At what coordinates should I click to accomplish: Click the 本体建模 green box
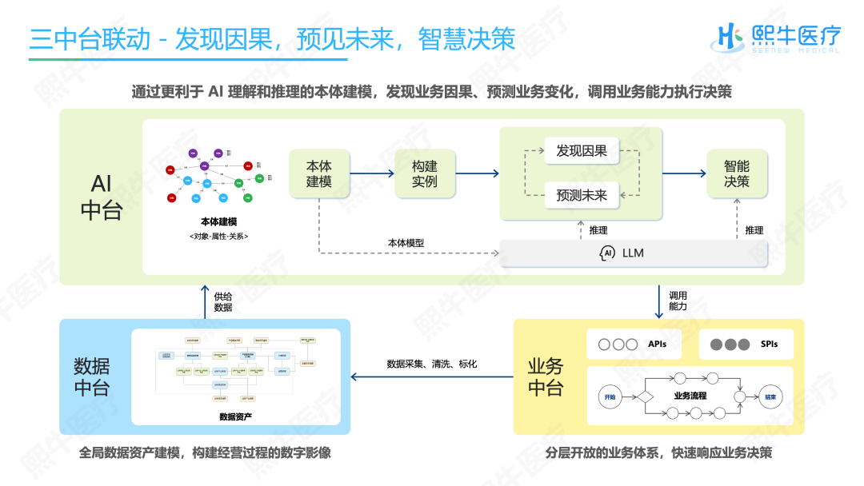(x=318, y=175)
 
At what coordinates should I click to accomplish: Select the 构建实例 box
(x=424, y=175)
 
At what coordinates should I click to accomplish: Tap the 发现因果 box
(x=582, y=150)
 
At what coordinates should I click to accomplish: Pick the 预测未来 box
(x=582, y=194)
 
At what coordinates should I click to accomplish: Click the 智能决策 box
(x=737, y=175)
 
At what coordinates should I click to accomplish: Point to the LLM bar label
(x=633, y=253)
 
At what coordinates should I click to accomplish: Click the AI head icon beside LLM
(x=607, y=253)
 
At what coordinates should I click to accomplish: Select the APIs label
(x=657, y=345)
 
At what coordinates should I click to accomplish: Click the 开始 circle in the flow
(x=610, y=396)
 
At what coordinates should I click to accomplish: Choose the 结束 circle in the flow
(x=770, y=396)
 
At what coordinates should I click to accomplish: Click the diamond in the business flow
(x=642, y=396)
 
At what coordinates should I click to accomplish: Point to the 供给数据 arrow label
(x=223, y=301)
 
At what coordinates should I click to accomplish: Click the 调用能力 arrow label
(x=678, y=301)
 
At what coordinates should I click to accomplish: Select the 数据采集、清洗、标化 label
(x=432, y=364)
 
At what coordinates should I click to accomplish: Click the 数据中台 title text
(x=92, y=377)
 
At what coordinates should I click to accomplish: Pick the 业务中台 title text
(x=546, y=377)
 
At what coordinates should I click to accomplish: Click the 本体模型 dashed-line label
(x=406, y=243)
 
